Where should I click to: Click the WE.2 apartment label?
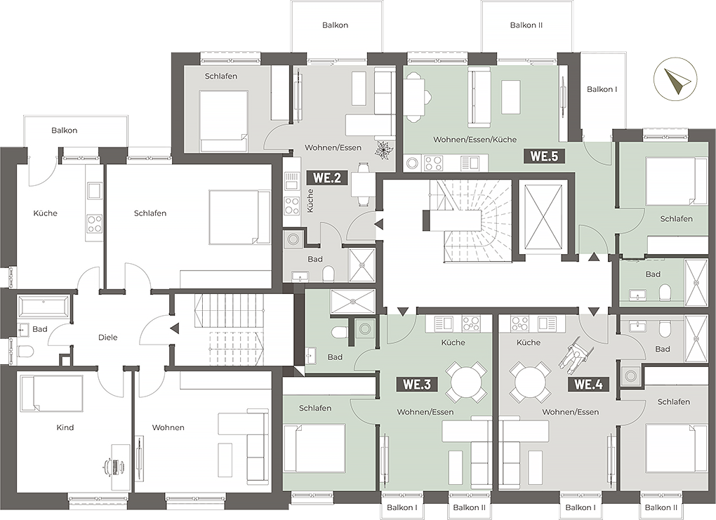click(x=327, y=178)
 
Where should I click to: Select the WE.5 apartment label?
click(x=544, y=156)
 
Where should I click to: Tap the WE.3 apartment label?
click(x=417, y=385)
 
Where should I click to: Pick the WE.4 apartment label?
click(x=588, y=385)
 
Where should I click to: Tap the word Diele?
click(x=108, y=338)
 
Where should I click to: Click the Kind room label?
click(x=65, y=427)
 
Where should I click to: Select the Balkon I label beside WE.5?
click(x=602, y=90)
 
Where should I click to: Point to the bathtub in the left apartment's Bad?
click(x=43, y=306)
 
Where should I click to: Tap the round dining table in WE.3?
click(x=466, y=381)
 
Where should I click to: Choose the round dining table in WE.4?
click(x=530, y=381)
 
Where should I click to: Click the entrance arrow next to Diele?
click(x=174, y=328)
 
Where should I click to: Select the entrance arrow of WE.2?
click(x=379, y=224)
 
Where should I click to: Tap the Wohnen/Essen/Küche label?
click(x=475, y=139)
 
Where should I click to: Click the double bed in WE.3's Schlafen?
click(x=314, y=449)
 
